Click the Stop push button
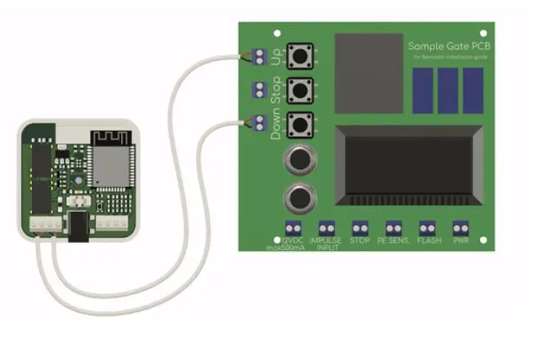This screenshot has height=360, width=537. [300, 88]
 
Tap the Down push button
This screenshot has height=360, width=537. [300, 123]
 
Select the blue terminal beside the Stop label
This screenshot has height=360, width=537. [259, 88]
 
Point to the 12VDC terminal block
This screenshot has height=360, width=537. [293, 228]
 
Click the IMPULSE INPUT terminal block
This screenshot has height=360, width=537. [325, 228]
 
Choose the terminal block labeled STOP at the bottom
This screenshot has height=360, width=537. [360, 228]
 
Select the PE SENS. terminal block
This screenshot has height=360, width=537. [393, 228]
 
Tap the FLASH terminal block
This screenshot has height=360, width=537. [426, 228]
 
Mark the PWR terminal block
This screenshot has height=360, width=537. [460, 228]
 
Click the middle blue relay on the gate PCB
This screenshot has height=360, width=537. [448, 90]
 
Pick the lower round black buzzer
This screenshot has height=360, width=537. [299, 197]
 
